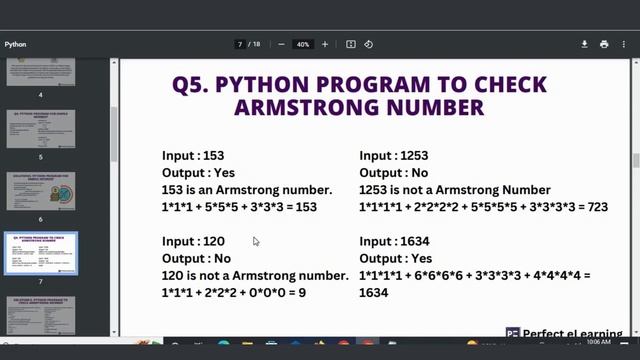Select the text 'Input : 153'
point(194,156)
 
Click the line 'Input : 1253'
point(394,156)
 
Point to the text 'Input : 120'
point(194,241)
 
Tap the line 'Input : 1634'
point(394,241)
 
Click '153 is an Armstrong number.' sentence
point(247,190)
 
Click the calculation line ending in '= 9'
point(234,292)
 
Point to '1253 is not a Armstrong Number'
point(455,190)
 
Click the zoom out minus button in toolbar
point(281,44)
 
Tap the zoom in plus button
point(325,44)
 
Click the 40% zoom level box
point(303,44)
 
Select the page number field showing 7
point(241,44)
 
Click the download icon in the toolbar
point(585,44)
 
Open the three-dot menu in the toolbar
point(624,44)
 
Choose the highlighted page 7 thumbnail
point(41,255)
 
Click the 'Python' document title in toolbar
point(15,44)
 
